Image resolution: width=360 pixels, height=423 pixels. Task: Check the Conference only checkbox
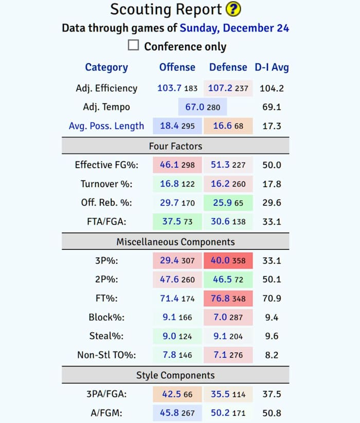click(x=133, y=45)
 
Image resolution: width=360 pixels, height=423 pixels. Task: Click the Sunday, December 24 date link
click(x=235, y=27)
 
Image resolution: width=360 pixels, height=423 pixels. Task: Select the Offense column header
click(x=177, y=67)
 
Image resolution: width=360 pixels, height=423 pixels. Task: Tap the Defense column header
click(x=228, y=67)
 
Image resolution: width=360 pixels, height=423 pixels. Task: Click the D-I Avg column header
click(x=272, y=67)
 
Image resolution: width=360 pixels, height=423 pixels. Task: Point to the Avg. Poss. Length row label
click(x=106, y=126)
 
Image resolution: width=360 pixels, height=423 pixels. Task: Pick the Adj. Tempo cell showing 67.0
click(x=202, y=107)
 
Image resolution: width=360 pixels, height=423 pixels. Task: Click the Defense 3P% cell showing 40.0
click(x=228, y=261)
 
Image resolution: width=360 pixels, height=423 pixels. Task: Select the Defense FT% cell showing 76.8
click(x=228, y=299)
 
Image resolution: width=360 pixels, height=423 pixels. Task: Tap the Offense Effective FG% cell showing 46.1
click(x=177, y=165)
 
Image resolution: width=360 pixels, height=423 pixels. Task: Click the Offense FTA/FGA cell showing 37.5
click(x=177, y=222)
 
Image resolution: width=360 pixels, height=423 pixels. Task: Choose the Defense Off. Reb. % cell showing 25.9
click(x=228, y=203)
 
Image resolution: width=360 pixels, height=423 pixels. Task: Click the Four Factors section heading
click(x=175, y=146)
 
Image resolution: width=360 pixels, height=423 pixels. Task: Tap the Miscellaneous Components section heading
click(x=175, y=242)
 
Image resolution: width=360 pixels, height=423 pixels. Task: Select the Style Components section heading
click(x=175, y=375)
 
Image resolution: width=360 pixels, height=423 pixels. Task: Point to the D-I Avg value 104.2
click(x=272, y=88)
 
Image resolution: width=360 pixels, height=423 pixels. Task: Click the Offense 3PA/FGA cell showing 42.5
click(x=177, y=394)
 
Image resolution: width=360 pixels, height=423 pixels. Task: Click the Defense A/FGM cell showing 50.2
click(x=228, y=413)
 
